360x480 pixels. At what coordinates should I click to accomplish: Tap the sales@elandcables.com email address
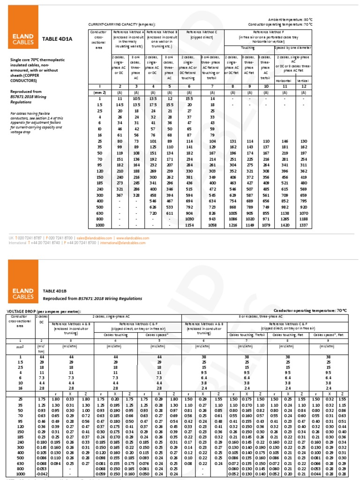pos(93,238)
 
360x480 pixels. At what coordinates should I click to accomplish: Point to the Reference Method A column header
pos(127,37)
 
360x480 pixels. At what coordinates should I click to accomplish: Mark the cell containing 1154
pos(189,225)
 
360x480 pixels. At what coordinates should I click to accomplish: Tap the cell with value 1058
pos(212,225)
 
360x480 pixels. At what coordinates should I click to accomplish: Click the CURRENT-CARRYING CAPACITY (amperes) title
pos(122,24)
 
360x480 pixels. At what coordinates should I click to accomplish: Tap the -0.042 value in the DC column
pos(42,476)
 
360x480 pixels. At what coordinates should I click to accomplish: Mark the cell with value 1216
pos(233,225)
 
